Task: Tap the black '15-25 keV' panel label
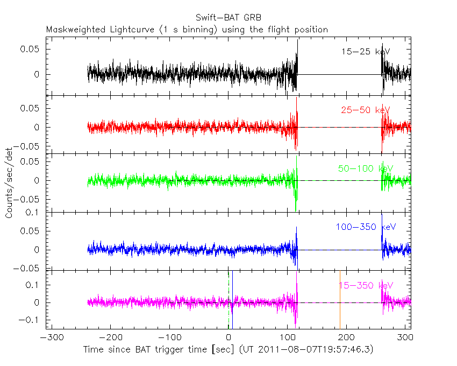point(365,52)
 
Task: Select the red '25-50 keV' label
point(365,110)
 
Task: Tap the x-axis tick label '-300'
point(50,339)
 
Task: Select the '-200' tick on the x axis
point(110,339)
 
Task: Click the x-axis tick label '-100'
point(169,339)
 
